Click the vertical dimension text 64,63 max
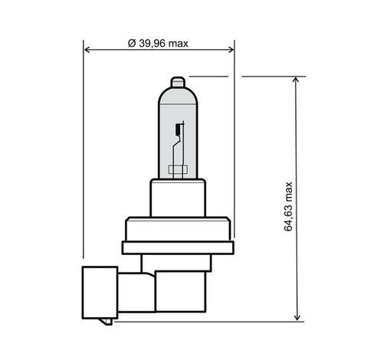click(288, 206)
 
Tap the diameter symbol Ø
click(132, 44)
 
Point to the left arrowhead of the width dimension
click(87, 50)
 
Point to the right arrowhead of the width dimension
click(231, 50)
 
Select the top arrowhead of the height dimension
click(296, 80)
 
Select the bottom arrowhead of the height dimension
click(296, 317)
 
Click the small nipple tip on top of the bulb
click(178, 82)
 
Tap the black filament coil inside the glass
click(178, 129)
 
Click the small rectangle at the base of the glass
click(178, 169)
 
